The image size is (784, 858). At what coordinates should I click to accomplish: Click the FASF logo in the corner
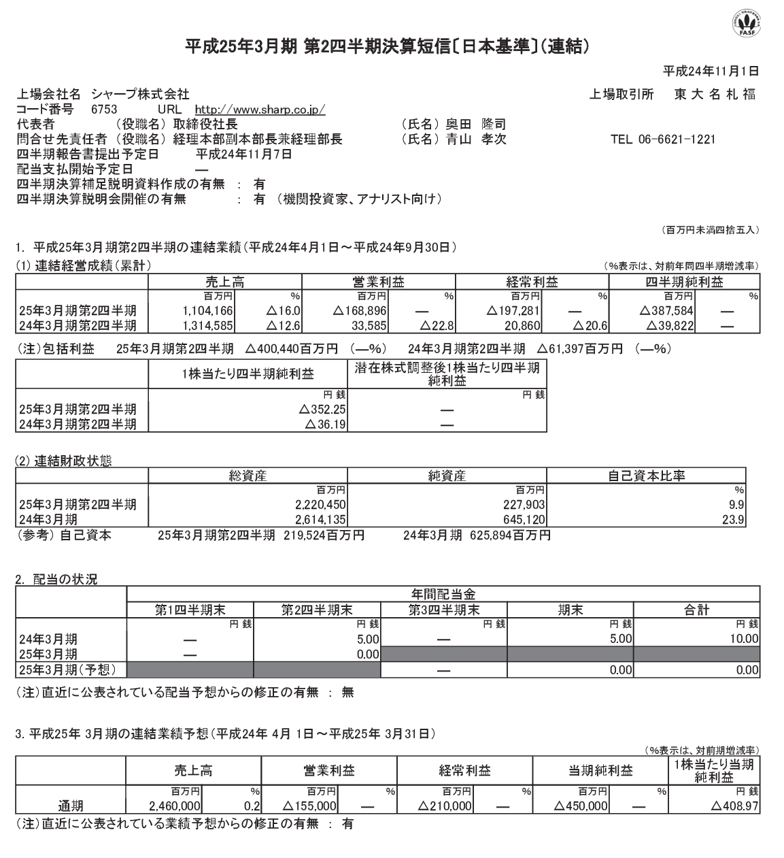[746, 24]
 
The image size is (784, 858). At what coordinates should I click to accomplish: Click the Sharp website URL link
[260, 109]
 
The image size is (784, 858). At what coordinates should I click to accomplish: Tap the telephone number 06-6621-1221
[662, 139]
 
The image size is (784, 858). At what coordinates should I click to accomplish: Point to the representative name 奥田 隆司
[475, 125]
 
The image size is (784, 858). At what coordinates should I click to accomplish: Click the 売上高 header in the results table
[225, 282]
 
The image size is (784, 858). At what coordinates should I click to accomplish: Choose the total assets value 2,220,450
[318, 505]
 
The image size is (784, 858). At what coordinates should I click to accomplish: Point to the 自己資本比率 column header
[646, 476]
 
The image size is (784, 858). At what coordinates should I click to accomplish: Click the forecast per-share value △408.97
[734, 806]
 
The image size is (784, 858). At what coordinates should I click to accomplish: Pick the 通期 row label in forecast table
[70, 806]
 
